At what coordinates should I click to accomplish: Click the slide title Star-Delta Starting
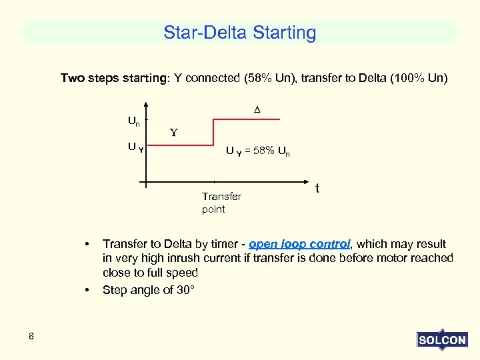[x=240, y=32]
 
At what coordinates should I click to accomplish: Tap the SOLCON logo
[x=442, y=339]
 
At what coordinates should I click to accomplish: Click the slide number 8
[x=31, y=336]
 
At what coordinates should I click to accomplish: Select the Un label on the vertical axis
[x=134, y=121]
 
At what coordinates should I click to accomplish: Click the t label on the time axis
[x=317, y=189]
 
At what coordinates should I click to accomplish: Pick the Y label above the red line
[x=173, y=132]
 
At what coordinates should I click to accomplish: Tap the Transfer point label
[x=221, y=203]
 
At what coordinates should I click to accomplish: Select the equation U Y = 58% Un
[x=257, y=151]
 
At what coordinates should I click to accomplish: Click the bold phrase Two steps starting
[x=115, y=78]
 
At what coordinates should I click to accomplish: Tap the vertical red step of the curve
[x=213, y=133]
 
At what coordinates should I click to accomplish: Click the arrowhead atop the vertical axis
[x=147, y=105]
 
